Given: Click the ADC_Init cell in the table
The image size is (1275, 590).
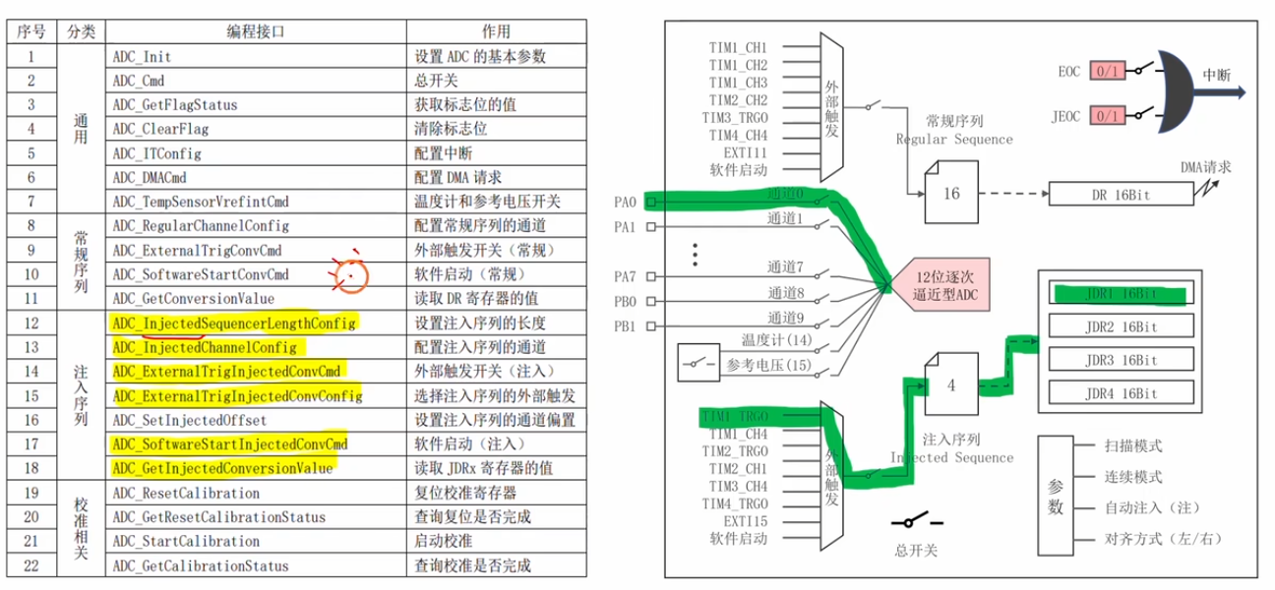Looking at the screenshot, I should pyautogui.click(x=143, y=56).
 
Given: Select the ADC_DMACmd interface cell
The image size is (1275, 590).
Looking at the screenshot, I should pyautogui.click(x=151, y=178).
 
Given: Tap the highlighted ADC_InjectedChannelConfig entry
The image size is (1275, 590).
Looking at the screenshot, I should pyautogui.click(x=205, y=347).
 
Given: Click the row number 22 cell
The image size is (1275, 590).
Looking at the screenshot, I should pyautogui.click(x=31, y=565).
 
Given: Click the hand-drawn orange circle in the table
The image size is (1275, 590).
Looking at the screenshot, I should pyautogui.click(x=349, y=277).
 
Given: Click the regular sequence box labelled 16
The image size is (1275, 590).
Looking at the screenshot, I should pyautogui.click(x=949, y=194).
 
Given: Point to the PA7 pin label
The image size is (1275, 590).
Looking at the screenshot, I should pyautogui.click(x=625, y=276).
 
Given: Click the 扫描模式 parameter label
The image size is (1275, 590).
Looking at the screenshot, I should pyautogui.click(x=1133, y=445).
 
